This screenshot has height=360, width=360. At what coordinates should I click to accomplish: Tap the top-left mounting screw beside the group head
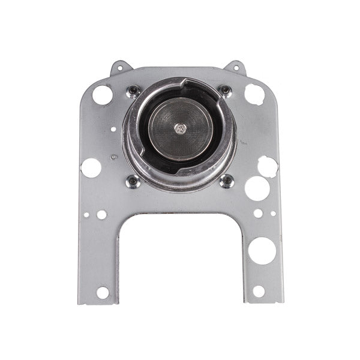point(133,91)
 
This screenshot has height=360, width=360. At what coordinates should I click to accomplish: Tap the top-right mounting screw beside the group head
point(225,91)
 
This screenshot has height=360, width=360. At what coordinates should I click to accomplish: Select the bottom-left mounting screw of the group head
point(133,180)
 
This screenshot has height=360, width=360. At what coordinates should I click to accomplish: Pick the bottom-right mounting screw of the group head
point(226,180)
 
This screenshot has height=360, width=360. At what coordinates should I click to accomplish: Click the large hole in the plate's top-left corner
point(103,94)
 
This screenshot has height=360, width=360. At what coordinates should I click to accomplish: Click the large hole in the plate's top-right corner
point(254,94)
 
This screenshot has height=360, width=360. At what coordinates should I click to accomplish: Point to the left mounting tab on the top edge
point(120,67)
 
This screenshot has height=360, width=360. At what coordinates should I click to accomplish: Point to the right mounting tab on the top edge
point(236,67)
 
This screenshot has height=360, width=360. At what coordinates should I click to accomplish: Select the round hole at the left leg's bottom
point(103,292)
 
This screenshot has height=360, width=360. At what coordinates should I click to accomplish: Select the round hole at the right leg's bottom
point(259,291)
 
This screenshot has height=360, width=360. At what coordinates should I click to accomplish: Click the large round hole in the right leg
point(262,250)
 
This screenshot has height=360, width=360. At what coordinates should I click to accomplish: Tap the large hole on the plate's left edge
point(91,167)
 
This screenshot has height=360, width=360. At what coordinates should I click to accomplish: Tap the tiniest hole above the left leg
point(87,214)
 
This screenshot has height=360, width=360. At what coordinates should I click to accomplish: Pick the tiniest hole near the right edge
point(273,213)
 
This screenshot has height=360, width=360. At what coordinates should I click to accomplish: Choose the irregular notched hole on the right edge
point(268,166)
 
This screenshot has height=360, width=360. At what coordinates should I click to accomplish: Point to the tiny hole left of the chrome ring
point(113,129)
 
